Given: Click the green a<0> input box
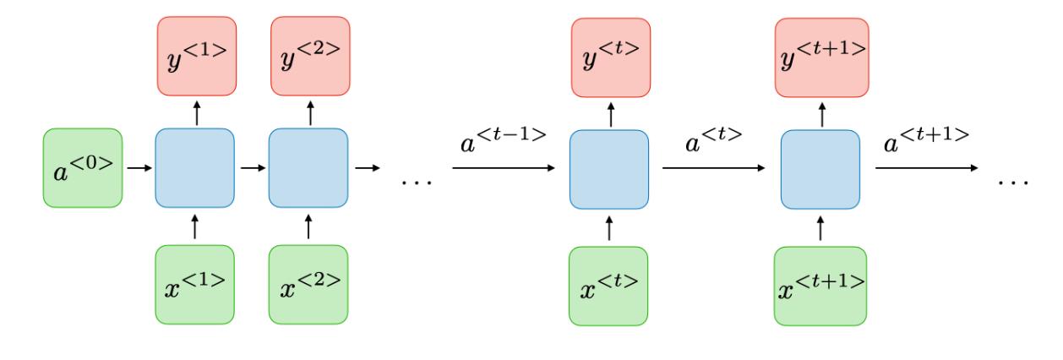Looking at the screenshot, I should pos(82,167).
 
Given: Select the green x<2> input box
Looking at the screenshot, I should pos(308,284).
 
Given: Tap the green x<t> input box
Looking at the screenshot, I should pos(609,284).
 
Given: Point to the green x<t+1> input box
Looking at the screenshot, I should pos(820,284).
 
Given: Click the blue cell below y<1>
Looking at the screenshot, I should pos(194,168).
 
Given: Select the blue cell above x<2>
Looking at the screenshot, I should pos(308,168).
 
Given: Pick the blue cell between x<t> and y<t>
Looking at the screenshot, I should pos(609,168).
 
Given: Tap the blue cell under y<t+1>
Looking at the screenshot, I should pos(820,168).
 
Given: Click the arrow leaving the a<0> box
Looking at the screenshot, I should pos(138,168).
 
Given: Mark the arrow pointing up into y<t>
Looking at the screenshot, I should pos(609,112).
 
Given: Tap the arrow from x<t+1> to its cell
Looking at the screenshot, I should pos(820,227).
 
